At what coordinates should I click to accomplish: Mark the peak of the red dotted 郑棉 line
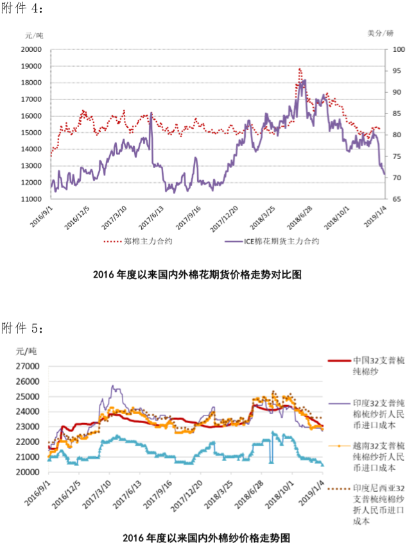[300, 69]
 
